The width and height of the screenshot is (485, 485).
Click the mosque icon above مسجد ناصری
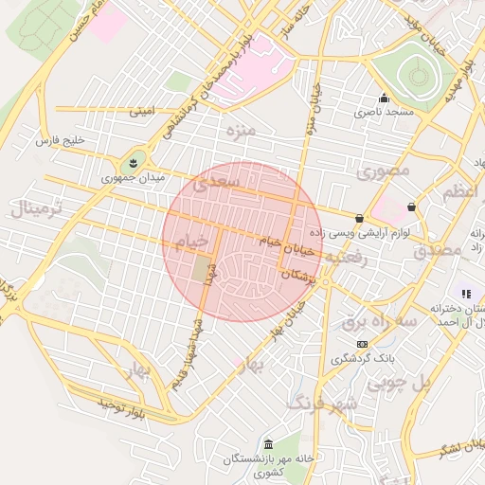tap(384, 98)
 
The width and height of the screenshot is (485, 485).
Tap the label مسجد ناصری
tap(385, 113)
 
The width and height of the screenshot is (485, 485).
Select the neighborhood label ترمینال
tap(37, 208)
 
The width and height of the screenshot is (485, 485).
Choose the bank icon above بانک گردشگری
tap(362, 344)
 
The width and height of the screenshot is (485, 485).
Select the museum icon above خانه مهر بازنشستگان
tap(269, 445)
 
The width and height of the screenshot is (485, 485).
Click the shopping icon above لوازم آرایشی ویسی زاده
tap(359, 218)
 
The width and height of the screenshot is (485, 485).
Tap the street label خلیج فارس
tap(60, 141)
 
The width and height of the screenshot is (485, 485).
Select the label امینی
tap(141, 112)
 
